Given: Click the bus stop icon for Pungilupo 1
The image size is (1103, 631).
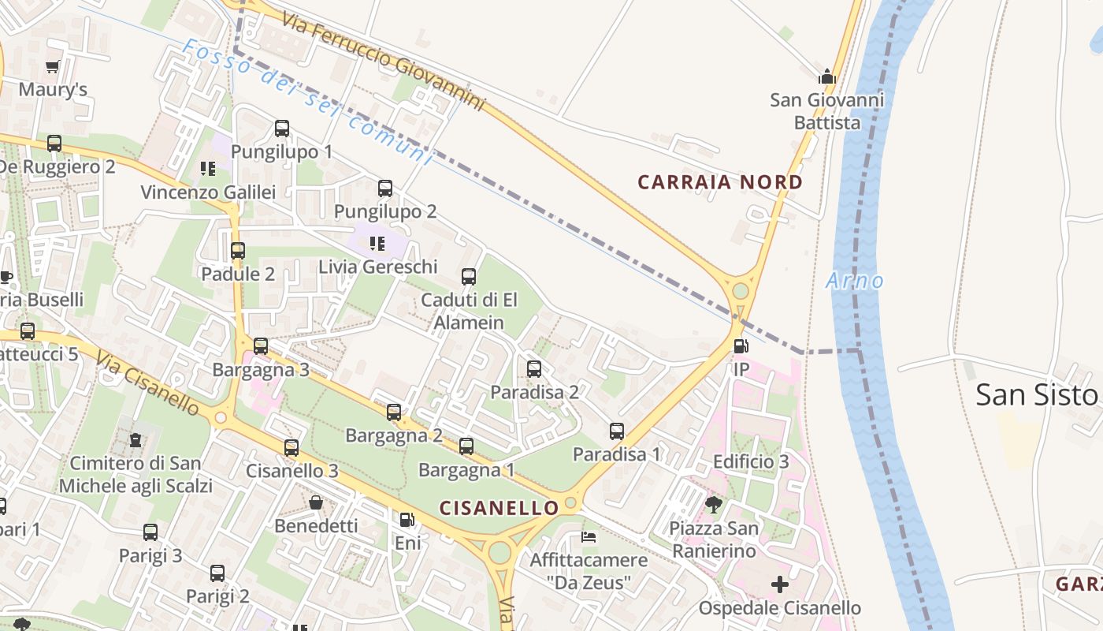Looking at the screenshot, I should pyautogui.click(x=282, y=129).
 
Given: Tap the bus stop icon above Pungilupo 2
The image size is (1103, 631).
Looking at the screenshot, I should pyautogui.click(x=385, y=189).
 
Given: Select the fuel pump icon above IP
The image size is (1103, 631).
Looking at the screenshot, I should pyautogui.click(x=741, y=346).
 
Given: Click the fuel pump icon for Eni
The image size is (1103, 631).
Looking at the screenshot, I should pyautogui.click(x=407, y=520).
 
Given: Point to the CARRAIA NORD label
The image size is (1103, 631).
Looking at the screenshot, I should pyautogui.click(x=720, y=182).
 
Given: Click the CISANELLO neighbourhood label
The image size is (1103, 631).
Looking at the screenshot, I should pyautogui.click(x=499, y=508).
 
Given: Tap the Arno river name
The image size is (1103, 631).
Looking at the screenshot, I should pyautogui.click(x=855, y=280).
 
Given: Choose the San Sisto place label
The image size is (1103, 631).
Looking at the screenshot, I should pyautogui.click(x=1037, y=394).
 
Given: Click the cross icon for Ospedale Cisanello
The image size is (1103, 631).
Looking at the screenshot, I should pyautogui.click(x=779, y=584).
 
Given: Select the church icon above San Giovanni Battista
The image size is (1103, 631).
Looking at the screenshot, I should pyautogui.click(x=826, y=77).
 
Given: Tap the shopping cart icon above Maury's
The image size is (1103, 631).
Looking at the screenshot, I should pyautogui.click(x=53, y=67).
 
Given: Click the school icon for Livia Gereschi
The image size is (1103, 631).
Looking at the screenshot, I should pyautogui.click(x=377, y=244).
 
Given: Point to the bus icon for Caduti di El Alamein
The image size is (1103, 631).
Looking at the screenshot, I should pyautogui.click(x=469, y=277).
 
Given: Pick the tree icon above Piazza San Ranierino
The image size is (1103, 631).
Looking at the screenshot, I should pyautogui.click(x=714, y=504).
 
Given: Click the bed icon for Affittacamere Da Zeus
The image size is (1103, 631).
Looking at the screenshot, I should pyautogui.click(x=589, y=537).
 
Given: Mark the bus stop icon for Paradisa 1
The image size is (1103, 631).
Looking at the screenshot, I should pyautogui.click(x=617, y=431).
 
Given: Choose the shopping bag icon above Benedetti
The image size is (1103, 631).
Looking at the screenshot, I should pyautogui.click(x=316, y=502).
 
